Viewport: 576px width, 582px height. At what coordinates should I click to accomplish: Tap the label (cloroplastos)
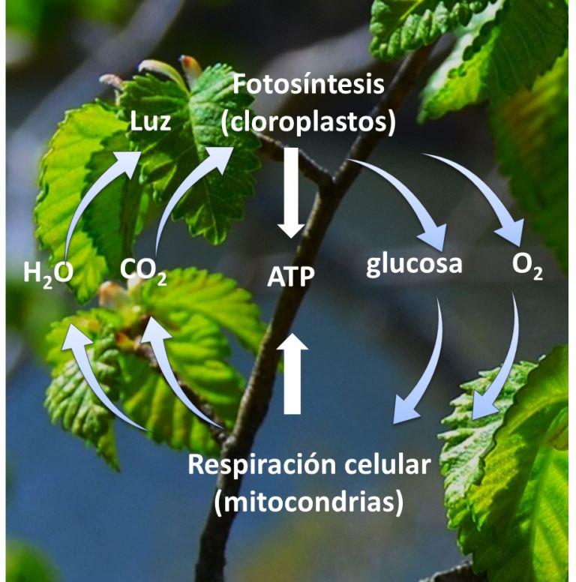click(308, 121)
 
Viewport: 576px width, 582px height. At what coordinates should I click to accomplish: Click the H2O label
click(48, 271)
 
